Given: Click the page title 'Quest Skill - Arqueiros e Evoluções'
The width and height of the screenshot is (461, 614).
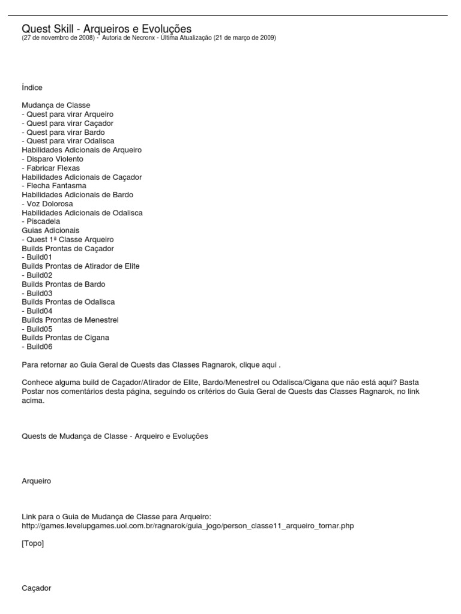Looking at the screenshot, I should (x=106, y=29).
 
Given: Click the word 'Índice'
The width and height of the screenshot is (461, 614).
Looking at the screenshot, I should (x=32, y=88).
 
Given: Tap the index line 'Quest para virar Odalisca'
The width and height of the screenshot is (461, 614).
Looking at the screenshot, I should (x=70, y=141).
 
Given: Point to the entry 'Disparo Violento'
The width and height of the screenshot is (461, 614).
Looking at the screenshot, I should (x=55, y=159).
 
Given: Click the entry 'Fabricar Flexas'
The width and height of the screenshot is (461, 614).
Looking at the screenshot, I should (x=53, y=168).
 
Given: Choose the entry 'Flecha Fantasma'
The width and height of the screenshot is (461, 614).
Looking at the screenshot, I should (x=56, y=186).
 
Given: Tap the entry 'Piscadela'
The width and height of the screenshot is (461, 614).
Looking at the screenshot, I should (x=43, y=221).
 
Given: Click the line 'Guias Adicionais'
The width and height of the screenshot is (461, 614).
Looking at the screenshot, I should (x=50, y=230).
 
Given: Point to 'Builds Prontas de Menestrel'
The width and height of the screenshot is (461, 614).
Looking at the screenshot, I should (x=70, y=320).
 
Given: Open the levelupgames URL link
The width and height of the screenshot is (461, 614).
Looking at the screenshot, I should (x=187, y=526).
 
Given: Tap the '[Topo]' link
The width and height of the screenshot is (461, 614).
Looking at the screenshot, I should (x=32, y=544).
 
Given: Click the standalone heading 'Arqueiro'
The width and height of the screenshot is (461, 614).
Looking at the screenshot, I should (x=36, y=481).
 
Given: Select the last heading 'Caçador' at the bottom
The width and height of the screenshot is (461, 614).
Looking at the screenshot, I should (x=36, y=588).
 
